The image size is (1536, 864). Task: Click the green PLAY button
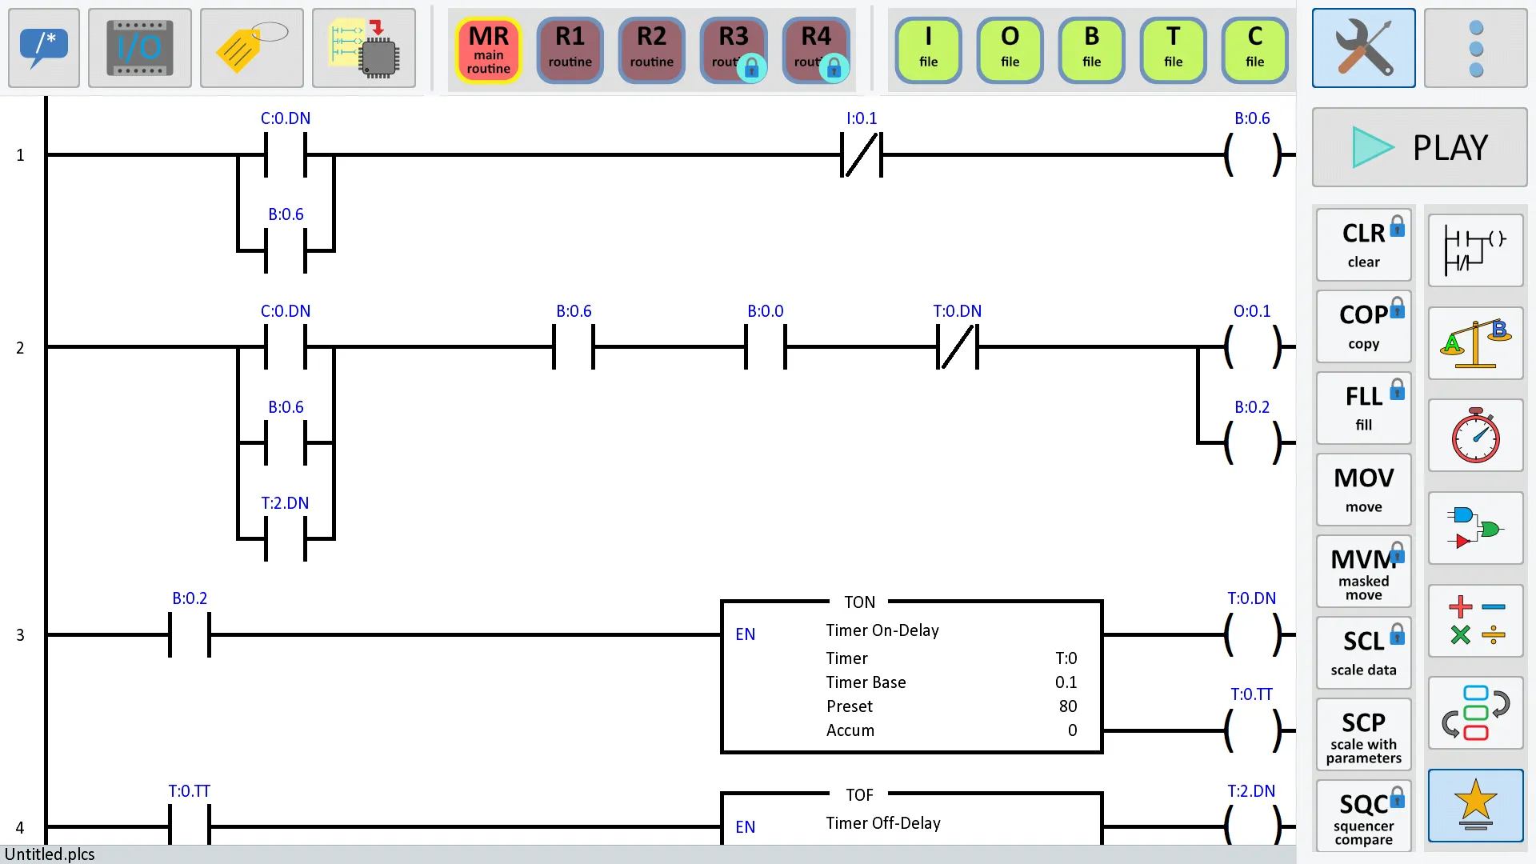(1419, 147)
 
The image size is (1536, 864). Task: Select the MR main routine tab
(488, 50)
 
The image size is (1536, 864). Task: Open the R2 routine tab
(651, 50)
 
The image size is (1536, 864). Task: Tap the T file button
(1173, 50)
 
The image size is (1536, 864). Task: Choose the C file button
(1254, 50)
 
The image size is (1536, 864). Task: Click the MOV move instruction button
(1363, 490)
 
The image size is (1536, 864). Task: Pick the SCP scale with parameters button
(1363, 734)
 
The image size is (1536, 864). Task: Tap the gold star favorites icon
(1475, 805)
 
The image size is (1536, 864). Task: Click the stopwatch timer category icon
(1475, 435)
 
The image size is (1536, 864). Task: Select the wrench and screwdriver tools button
(1363, 48)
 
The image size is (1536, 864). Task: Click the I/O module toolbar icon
(139, 48)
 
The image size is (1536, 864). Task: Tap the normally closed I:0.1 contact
(862, 154)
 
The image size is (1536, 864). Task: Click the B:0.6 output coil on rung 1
(1252, 154)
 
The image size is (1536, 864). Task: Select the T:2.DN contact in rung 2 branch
(286, 538)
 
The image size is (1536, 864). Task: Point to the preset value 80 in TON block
(1067, 706)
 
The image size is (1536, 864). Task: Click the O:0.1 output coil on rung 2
(1252, 347)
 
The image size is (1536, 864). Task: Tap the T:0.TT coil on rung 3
(1252, 730)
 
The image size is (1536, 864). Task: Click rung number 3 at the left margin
(20, 635)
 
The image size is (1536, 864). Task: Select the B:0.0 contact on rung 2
(766, 347)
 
